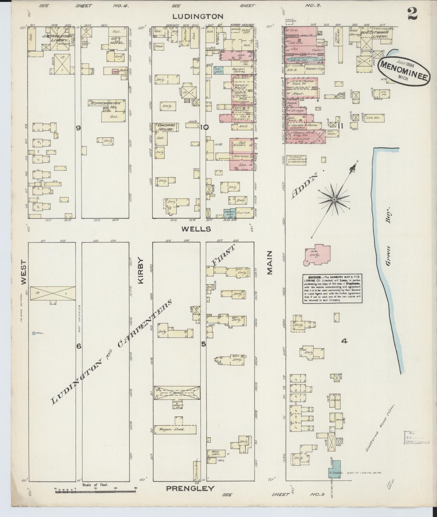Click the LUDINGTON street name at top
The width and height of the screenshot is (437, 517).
[x=198, y=17]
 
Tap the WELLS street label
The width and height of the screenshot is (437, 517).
[x=196, y=229]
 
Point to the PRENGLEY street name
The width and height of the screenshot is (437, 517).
[x=190, y=488]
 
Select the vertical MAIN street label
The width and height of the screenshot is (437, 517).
[x=269, y=263]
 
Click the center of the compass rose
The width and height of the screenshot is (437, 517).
[x=334, y=200]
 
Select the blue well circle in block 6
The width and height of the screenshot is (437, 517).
[x=34, y=333]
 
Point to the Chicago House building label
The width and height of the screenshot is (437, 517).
[x=166, y=127]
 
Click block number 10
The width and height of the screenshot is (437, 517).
[x=204, y=127]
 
